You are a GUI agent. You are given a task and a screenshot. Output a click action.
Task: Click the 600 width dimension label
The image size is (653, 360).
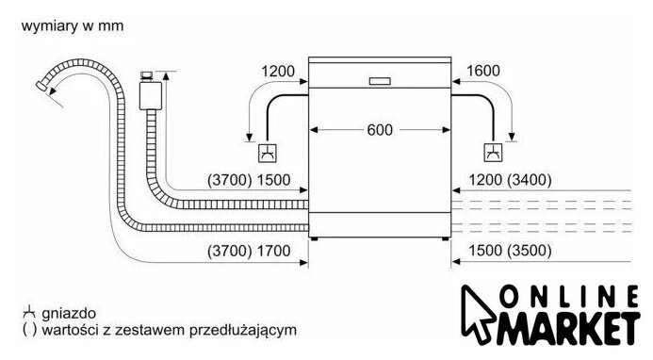pos(380,130)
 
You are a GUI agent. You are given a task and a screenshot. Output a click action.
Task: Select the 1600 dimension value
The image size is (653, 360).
pos(482,71)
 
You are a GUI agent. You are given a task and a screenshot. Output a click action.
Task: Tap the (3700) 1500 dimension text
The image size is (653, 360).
pos(249,180)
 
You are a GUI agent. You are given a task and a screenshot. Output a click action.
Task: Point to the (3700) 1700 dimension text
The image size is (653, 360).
pos(249,251)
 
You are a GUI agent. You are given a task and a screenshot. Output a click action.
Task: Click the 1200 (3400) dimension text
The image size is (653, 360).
pos(510,180)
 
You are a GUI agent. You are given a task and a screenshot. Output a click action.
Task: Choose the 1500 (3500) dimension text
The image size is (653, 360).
pos(510,251)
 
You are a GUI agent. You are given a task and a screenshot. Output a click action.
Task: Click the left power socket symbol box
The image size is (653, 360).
pos(268,153)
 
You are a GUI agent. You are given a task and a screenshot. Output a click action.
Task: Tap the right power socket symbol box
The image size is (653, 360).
pos(493,153)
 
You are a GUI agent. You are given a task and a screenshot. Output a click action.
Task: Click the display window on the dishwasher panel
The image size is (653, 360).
pos(380,81)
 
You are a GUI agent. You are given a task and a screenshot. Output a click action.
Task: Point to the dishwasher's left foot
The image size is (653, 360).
pos(315,239)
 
